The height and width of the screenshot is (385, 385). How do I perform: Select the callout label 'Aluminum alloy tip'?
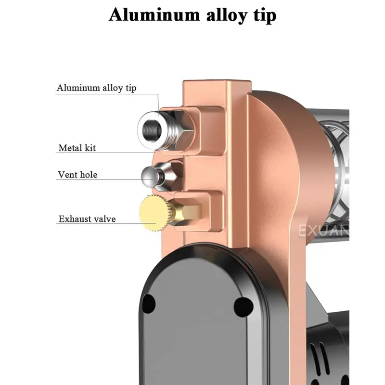click(x=96, y=88)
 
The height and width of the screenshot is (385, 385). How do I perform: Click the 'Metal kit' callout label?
click(x=77, y=148)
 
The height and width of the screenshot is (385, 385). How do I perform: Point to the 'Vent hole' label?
click(x=77, y=175)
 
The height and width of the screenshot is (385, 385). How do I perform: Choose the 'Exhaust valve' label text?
click(x=87, y=219)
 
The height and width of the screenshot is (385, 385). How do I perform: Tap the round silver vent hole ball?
click(x=150, y=176)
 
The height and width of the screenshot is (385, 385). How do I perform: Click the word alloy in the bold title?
click(x=215, y=15)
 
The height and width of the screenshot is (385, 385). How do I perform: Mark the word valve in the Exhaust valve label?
click(x=104, y=219)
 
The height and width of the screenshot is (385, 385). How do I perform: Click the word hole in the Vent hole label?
click(x=89, y=175)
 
